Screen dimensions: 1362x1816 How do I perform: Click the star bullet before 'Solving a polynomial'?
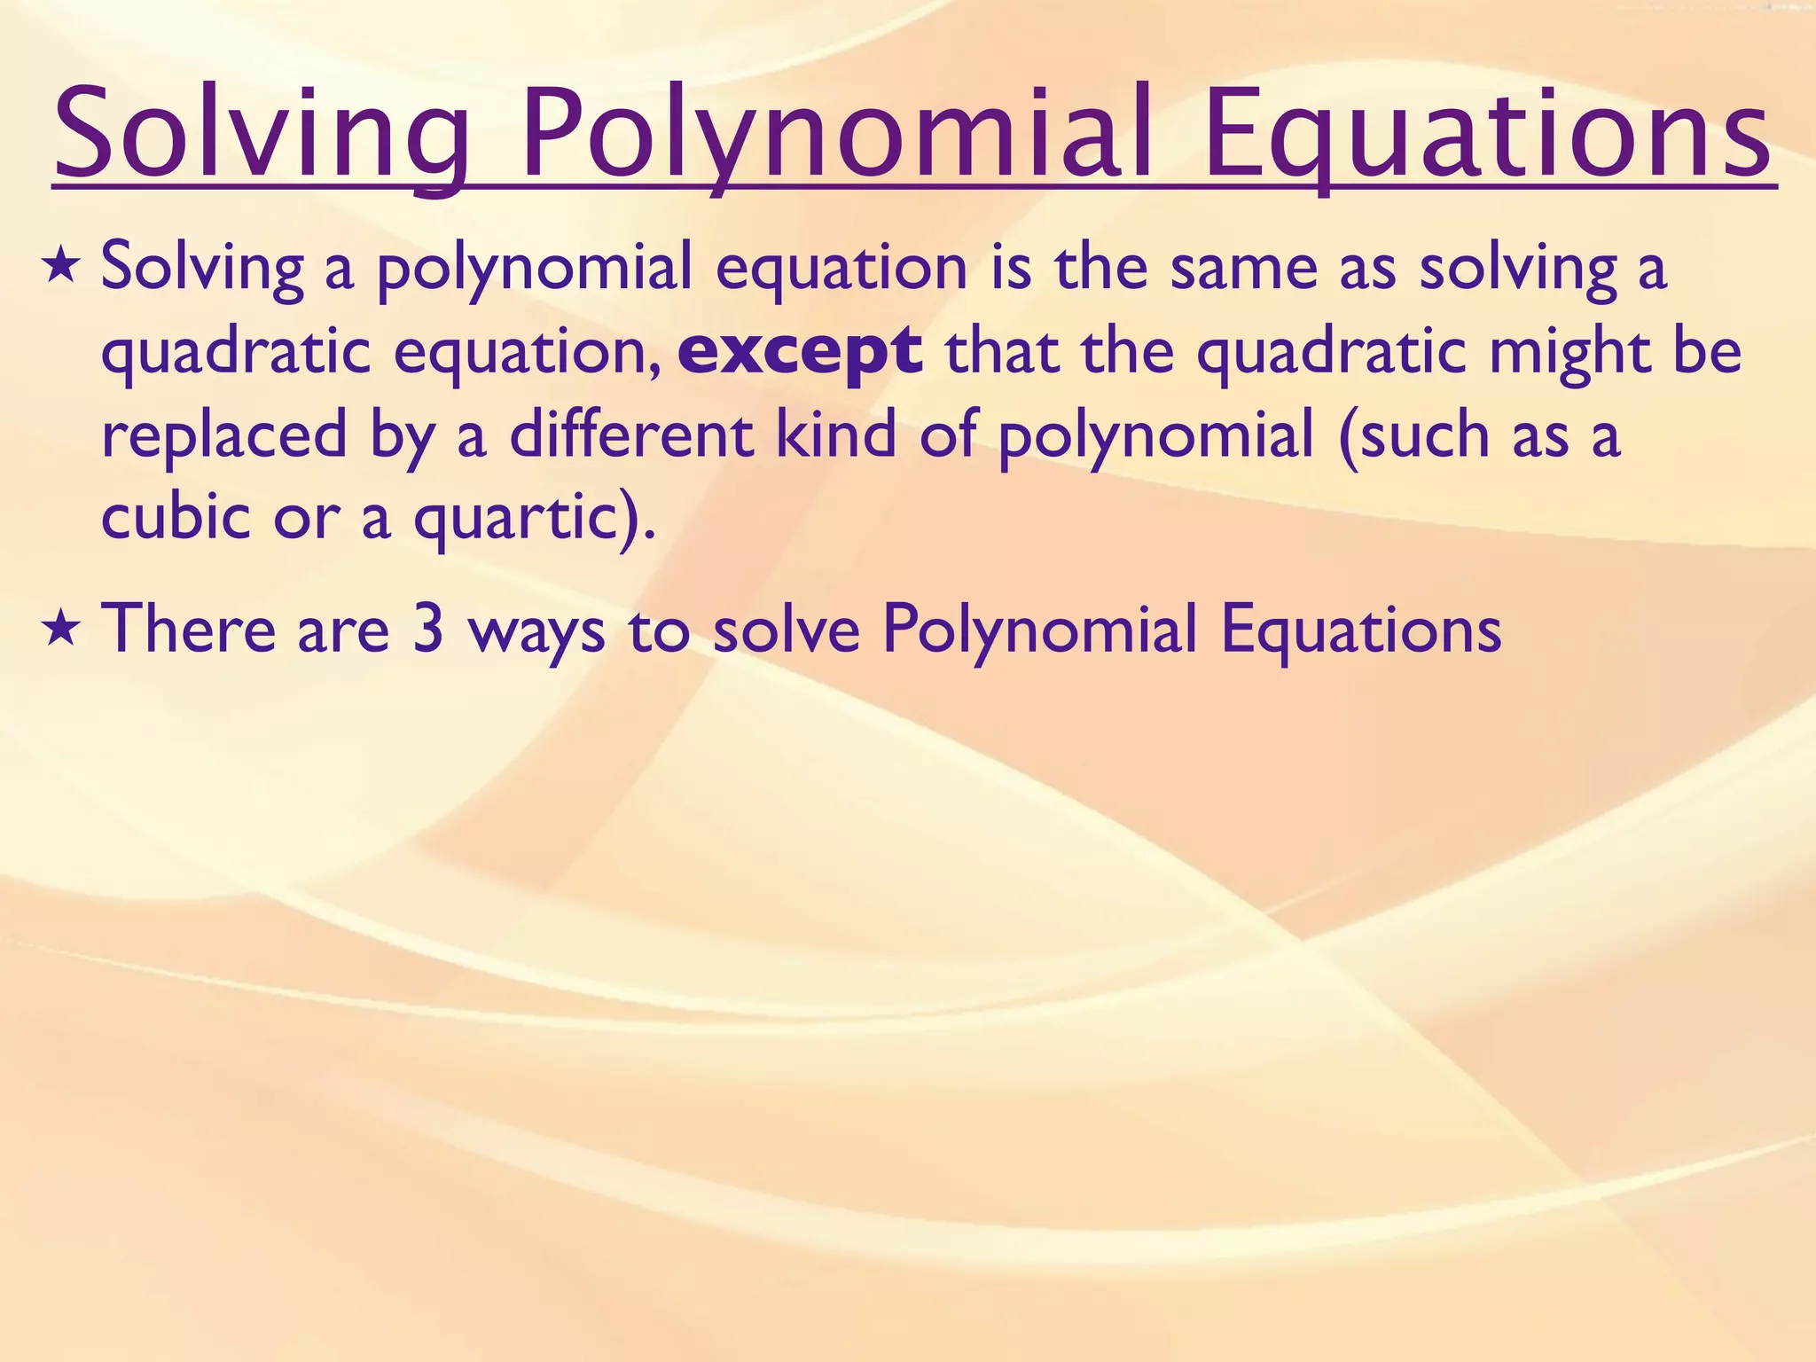point(61,267)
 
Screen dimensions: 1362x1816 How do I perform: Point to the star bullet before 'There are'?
point(61,630)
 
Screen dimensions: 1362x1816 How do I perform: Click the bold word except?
point(800,352)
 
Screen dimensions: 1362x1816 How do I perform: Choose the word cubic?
point(176,517)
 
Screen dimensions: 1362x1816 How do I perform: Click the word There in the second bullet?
point(188,630)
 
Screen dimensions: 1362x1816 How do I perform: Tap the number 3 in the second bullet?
point(428,630)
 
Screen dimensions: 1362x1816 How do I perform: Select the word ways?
point(537,630)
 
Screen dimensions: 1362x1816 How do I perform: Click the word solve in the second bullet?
point(787,630)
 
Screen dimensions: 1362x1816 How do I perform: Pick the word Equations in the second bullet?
point(1361,630)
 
